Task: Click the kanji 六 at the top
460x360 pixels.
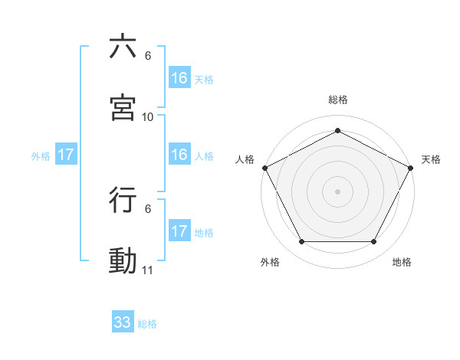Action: pos(123,47)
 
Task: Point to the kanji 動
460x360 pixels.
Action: pos(123,260)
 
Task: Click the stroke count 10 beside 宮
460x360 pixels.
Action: pos(148,116)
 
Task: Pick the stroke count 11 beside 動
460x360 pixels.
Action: pos(148,270)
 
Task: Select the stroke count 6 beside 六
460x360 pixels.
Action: pos(148,55)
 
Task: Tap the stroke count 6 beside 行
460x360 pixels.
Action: pos(148,208)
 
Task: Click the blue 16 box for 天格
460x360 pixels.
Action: pos(179,77)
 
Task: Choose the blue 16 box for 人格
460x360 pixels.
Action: pos(179,155)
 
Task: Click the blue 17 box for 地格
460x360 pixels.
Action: pos(179,231)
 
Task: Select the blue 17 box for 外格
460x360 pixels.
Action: pos(66,155)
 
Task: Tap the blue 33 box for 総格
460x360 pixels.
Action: pos(123,322)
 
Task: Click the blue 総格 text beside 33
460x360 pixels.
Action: pos(148,324)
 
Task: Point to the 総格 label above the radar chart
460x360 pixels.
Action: pos(338,100)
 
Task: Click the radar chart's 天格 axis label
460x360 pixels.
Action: pos(432,159)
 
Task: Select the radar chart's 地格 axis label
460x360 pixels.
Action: pos(402,262)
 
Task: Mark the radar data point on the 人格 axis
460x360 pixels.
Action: pos(264,167)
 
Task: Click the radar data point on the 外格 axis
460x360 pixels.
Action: pos(301,242)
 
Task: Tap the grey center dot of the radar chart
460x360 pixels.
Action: pos(338,191)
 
